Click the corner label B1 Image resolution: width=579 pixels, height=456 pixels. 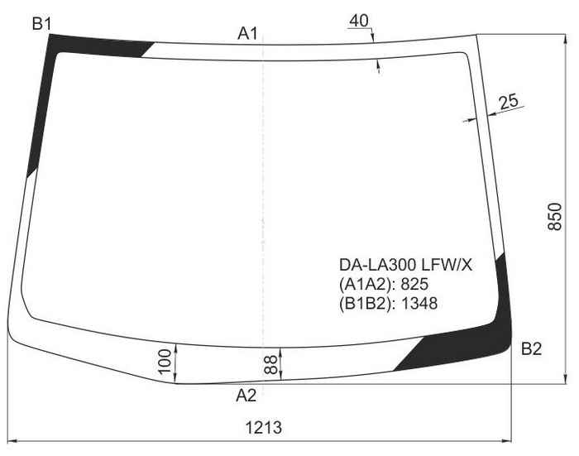coord(41,24)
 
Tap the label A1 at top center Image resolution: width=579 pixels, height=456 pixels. coord(247,34)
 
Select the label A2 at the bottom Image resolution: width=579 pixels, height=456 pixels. coord(246,396)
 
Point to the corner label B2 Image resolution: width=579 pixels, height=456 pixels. coord(531,349)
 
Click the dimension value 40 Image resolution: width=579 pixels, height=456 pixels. coord(358,21)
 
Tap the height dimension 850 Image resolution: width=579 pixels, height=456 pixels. coord(554,217)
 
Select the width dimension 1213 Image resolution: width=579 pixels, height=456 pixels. coord(264,428)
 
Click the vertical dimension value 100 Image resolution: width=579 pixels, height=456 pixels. coord(165,361)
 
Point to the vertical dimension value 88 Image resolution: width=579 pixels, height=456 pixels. coord(271,365)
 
